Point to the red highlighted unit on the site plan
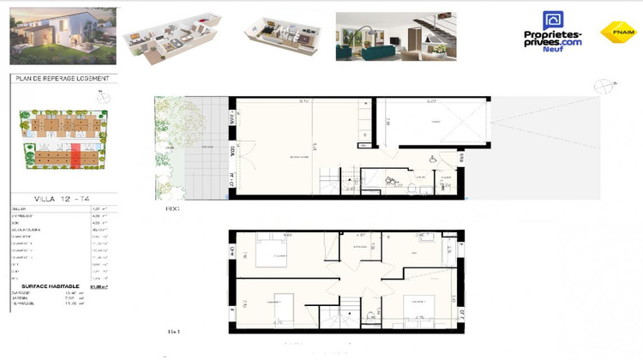(x=75, y=157)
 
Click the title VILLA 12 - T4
(x=60, y=198)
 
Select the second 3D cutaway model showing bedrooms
(x=279, y=37)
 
